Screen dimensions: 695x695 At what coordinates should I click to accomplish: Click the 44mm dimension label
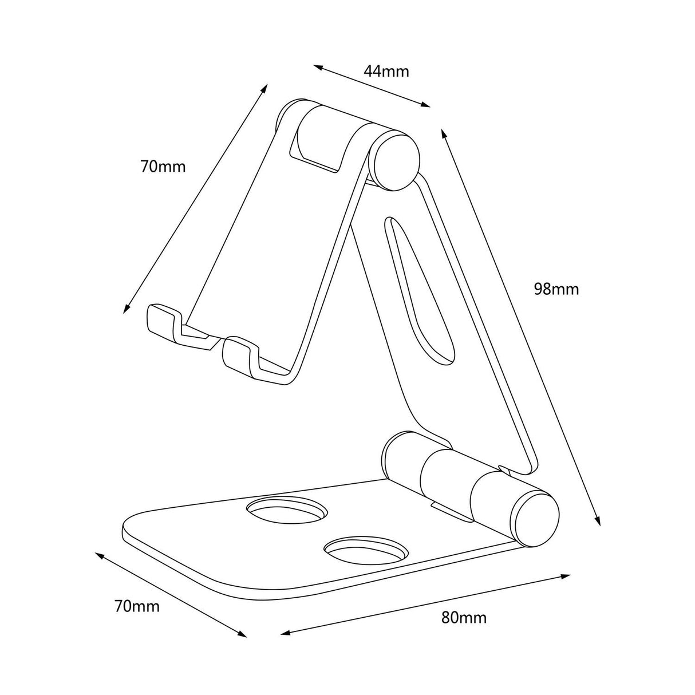pos(386,72)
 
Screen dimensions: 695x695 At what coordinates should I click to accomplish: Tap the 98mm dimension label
pos(556,289)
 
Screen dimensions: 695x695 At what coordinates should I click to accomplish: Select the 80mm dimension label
pos(464,618)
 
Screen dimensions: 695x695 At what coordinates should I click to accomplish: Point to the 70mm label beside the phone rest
pos(163,167)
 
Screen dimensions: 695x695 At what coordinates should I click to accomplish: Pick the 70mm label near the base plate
pos(137,606)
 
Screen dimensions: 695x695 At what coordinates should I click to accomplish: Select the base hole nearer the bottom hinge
pos(286,509)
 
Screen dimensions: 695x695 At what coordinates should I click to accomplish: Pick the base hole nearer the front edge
pos(366,549)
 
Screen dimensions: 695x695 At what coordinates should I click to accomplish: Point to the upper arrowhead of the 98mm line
pos(443,133)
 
